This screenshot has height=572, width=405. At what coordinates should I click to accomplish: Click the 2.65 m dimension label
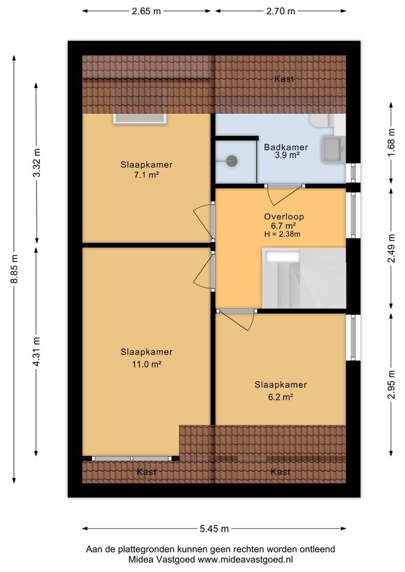[146, 11]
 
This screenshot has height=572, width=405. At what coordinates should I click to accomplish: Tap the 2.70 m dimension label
[280, 11]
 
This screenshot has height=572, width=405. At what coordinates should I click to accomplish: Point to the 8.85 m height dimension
[14, 269]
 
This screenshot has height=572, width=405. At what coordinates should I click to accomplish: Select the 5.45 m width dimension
[214, 529]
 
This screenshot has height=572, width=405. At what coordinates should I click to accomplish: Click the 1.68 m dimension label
[392, 142]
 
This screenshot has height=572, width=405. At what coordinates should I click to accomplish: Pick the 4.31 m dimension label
[36, 352]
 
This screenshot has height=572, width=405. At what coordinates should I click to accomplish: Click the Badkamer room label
[286, 147]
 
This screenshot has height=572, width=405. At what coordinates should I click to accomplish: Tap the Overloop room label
[284, 217]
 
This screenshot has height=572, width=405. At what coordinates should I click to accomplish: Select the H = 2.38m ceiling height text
[283, 235]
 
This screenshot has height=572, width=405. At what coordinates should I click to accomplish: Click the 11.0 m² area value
[146, 364]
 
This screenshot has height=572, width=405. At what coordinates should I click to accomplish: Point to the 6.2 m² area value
[280, 397]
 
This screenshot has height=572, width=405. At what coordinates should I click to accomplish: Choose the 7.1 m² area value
[146, 175]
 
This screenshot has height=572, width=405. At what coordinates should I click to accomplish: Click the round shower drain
[232, 160]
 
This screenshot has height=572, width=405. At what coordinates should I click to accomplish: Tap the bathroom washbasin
[333, 149]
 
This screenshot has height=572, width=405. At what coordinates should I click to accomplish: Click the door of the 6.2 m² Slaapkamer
[236, 319]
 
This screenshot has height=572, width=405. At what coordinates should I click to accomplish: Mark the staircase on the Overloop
[304, 278]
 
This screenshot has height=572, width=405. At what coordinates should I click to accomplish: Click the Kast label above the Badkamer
[284, 79]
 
